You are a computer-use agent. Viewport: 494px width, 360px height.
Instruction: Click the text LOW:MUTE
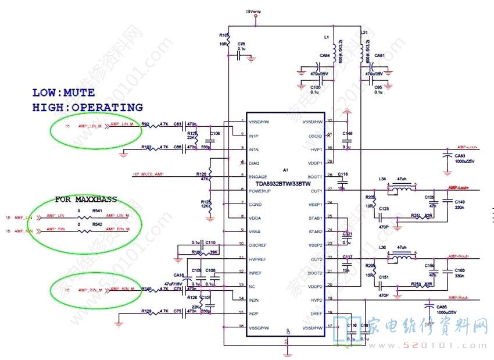63,92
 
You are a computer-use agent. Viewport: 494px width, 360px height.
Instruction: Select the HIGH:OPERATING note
87,108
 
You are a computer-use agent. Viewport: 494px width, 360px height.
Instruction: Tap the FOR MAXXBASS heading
86,199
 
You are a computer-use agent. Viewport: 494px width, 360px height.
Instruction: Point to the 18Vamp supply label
253,11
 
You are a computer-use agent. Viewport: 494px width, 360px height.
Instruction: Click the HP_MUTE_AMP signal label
148,174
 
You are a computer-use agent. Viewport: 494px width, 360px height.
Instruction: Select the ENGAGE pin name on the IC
257,177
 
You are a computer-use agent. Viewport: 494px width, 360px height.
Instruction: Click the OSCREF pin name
259,245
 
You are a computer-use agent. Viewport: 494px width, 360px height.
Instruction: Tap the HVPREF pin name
259,258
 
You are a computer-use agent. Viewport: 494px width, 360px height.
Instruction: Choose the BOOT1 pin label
316,177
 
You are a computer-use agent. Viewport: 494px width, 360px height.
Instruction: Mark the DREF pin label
317,313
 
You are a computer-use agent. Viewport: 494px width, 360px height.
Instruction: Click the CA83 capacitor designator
460,155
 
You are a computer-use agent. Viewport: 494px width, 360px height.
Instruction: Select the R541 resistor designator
97,211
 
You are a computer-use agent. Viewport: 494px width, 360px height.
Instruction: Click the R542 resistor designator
97,224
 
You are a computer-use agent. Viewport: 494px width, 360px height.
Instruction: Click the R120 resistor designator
202,174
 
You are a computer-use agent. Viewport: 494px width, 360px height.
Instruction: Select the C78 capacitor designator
241,44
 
